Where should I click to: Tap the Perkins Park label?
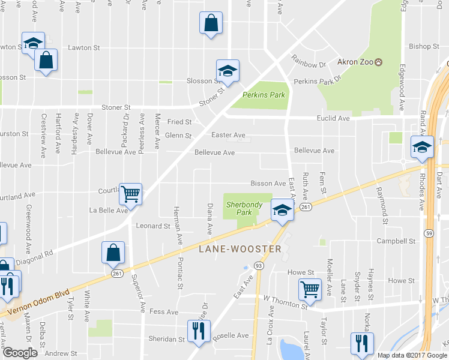(x=264, y=95)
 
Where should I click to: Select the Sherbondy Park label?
(x=244, y=208)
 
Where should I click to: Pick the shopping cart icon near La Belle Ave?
(x=130, y=193)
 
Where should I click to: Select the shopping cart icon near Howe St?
(x=310, y=289)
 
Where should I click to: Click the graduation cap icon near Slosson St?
(x=228, y=70)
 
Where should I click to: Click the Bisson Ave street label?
(x=268, y=183)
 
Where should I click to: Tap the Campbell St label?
(x=396, y=241)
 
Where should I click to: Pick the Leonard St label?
(x=153, y=226)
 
